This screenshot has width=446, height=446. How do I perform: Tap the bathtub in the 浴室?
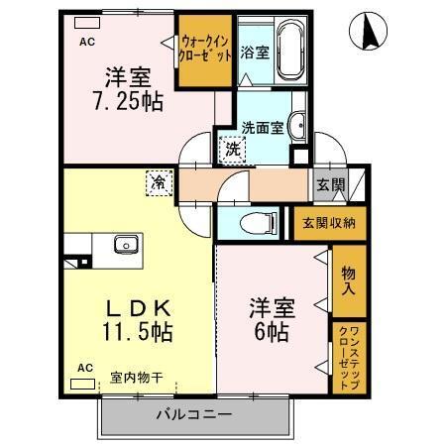290,51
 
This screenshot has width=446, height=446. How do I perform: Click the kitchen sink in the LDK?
126,244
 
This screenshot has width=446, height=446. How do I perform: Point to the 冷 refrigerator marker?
159,181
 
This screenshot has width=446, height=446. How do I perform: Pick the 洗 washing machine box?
230,151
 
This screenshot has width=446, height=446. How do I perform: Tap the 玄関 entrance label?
330,184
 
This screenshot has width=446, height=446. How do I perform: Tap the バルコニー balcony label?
193,413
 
